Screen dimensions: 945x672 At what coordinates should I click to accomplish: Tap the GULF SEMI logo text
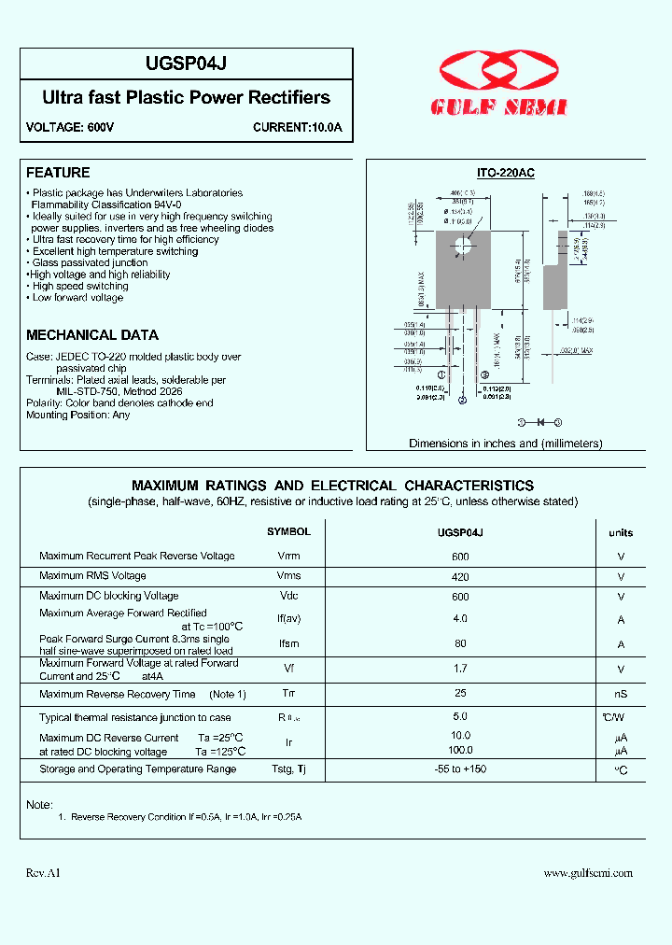[498, 107]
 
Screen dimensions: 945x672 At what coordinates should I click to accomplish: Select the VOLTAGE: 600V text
[70, 127]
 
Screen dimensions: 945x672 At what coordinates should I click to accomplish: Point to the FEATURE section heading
[58, 173]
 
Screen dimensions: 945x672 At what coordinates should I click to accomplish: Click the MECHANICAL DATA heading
[92, 334]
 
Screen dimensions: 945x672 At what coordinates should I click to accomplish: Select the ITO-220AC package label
[505, 173]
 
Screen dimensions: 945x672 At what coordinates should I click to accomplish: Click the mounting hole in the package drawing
[463, 247]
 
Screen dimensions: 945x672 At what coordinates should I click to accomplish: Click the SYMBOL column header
[288, 531]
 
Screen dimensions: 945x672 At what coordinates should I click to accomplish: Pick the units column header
[621, 533]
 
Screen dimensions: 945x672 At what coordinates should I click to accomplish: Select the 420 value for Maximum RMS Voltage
[460, 576]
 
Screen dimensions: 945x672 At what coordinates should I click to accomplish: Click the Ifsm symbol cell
[288, 644]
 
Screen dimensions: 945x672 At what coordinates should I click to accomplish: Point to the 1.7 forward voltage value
[460, 669]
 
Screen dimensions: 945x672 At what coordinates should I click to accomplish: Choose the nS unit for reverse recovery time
[621, 694]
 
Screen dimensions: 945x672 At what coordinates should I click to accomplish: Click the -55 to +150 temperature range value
[460, 769]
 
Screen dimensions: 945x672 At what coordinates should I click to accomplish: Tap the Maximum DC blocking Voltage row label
[109, 596]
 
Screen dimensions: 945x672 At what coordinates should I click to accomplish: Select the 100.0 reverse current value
[460, 751]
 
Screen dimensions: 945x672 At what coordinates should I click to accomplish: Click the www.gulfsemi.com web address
[588, 873]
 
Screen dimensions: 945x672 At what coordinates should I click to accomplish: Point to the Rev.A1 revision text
[43, 873]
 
